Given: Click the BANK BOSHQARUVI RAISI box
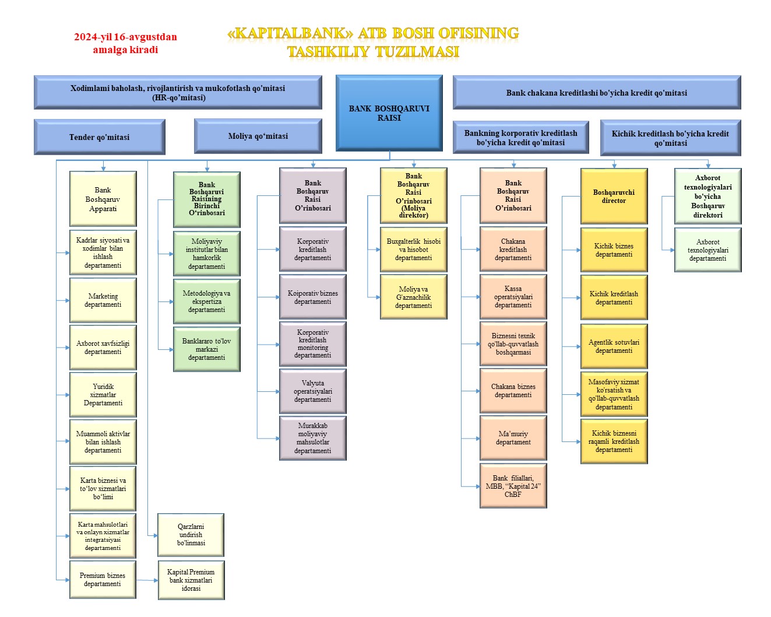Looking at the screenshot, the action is click(x=389, y=113).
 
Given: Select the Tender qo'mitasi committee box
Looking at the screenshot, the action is click(x=100, y=137).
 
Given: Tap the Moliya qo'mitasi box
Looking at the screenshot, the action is click(x=258, y=136).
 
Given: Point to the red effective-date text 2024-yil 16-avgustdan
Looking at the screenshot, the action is click(x=125, y=37).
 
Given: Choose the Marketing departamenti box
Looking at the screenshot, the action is click(x=103, y=300).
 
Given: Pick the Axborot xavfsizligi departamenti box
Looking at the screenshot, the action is click(x=103, y=348).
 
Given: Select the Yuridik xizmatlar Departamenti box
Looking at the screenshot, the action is click(x=103, y=395).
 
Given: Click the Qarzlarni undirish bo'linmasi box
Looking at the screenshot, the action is click(x=191, y=535).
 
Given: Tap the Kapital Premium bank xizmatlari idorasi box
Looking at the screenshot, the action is click(x=191, y=580).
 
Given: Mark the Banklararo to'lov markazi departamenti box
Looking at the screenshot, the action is click(x=207, y=349).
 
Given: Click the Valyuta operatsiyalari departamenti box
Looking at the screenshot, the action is click(x=313, y=391).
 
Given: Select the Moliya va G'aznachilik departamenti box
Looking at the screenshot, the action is click(x=413, y=297).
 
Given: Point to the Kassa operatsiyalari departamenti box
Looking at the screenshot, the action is click(x=513, y=297).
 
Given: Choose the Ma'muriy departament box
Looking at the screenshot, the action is click(x=513, y=438).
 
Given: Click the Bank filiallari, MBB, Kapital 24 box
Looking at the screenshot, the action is click(x=513, y=486).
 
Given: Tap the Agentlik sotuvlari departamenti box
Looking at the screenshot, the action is click(x=614, y=346).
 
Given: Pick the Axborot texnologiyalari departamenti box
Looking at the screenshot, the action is click(x=707, y=250).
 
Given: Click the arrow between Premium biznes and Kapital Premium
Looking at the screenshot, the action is click(x=147, y=580).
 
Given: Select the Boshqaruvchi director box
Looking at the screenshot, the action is click(x=614, y=196).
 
